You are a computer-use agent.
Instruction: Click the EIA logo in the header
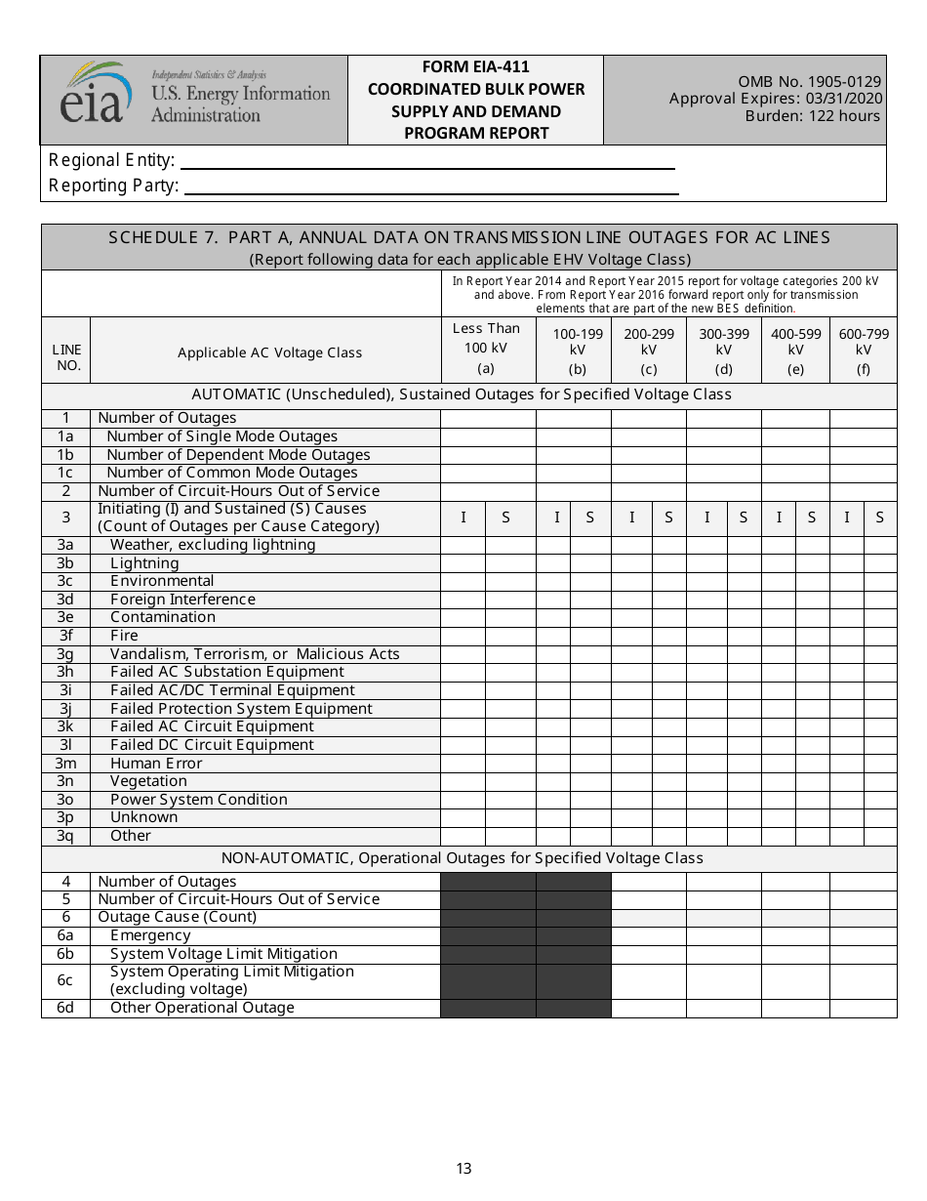tap(96, 94)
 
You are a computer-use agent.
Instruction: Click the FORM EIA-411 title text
tap(475, 67)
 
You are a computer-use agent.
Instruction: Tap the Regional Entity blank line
tap(426, 161)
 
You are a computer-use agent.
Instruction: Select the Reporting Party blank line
tap(430, 186)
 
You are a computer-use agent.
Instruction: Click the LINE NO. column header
tap(66, 358)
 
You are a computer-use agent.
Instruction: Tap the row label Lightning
tap(144, 563)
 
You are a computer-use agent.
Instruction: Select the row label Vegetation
tap(148, 781)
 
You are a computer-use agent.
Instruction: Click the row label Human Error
tap(156, 764)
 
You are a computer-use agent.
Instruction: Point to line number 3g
tap(65, 654)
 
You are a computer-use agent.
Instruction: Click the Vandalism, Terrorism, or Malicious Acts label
tap(255, 654)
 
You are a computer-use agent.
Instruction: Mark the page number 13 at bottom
tap(463, 1169)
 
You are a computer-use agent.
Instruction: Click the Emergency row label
tap(150, 935)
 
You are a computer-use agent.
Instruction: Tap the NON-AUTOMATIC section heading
tap(462, 858)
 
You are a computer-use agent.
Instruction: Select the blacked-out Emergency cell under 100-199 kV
tap(574, 935)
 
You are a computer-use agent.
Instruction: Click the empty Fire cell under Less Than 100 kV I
tap(463, 636)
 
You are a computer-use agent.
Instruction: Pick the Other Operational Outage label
tap(202, 1008)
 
